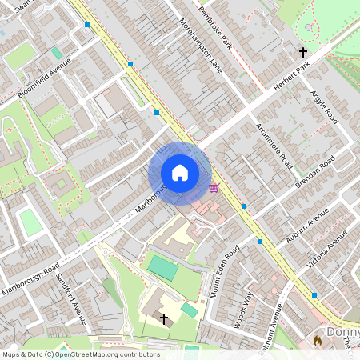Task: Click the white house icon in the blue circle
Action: click(180, 173)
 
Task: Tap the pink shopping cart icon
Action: click(214, 188)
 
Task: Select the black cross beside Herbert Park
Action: click(303, 53)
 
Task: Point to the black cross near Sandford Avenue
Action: click(164, 318)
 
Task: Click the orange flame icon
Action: click(318, 341)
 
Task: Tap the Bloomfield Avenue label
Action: click(46, 79)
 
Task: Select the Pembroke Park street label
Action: click(214, 32)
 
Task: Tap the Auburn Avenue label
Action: click(308, 227)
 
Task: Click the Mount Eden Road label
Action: click(226, 271)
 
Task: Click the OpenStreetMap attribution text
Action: click(81, 354)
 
